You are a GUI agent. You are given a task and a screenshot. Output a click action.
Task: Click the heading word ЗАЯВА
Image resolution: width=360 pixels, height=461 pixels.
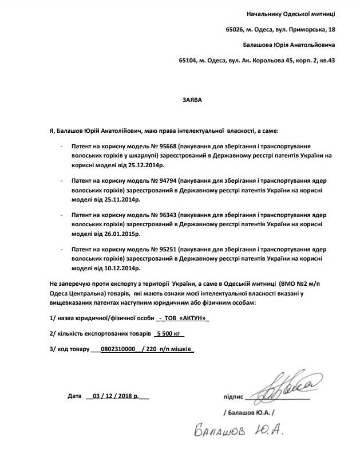pos(192,98)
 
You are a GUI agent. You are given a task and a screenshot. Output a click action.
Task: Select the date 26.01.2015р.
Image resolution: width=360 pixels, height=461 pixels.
pos(120,234)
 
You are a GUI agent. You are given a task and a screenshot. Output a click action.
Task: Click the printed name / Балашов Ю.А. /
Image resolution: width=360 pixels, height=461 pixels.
pos(249,412)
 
